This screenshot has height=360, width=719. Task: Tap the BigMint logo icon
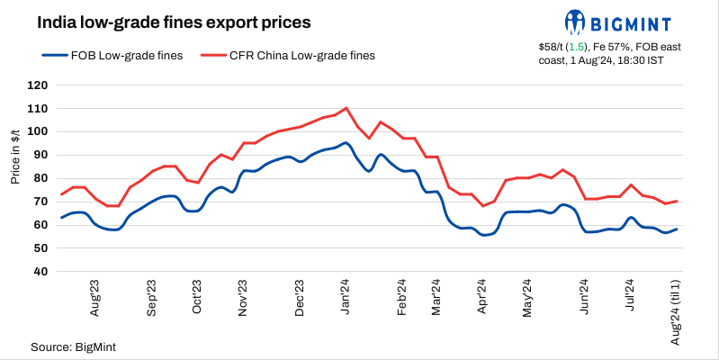click(x=576, y=21)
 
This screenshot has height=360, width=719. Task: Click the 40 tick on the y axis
click(x=40, y=271)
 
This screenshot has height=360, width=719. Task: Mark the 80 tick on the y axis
click(x=40, y=178)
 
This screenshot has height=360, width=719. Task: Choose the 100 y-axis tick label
click(x=38, y=132)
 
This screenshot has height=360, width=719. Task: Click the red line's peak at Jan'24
click(x=346, y=108)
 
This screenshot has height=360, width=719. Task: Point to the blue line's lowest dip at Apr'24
click(x=484, y=235)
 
